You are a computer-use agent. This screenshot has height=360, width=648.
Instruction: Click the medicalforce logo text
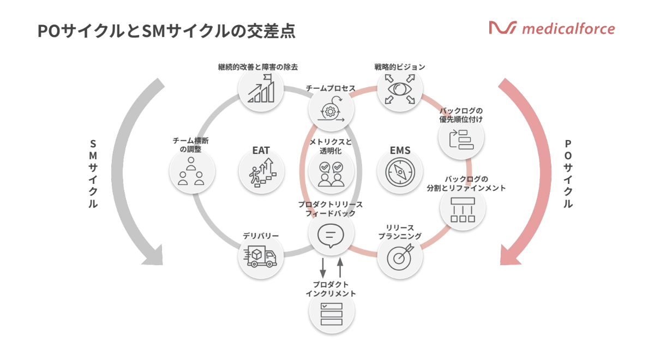(567, 28)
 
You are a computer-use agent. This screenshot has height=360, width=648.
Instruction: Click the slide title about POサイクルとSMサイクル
(166, 31)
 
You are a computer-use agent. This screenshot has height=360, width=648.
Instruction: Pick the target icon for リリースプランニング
(400, 257)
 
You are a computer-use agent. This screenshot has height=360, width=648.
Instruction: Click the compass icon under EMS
(400, 173)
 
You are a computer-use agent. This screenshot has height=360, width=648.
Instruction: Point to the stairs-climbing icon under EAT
(262, 173)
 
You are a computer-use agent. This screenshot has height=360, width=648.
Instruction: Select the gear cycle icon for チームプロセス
(331, 110)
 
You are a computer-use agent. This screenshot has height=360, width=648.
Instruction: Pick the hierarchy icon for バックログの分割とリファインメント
(463, 209)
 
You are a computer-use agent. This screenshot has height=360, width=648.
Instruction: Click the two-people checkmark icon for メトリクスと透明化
(331, 173)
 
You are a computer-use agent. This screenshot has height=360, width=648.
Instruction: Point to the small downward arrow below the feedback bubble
(322, 267)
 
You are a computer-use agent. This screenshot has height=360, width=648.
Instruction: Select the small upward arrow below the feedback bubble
(340, 267)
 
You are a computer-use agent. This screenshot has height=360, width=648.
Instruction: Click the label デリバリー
(261, 236)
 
